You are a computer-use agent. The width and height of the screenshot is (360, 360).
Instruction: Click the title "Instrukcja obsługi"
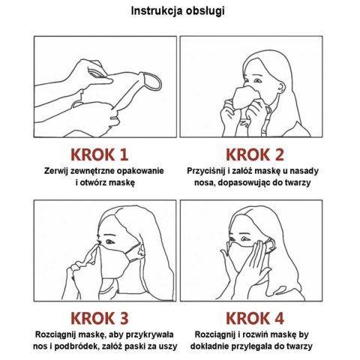click(x=178, y=11)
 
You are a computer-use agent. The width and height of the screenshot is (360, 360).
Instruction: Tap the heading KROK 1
click(x=100, y=154)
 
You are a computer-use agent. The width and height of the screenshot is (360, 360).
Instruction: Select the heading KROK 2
click(x=255, y=154)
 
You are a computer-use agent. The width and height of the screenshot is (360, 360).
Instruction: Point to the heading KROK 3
click(x=100, y=318)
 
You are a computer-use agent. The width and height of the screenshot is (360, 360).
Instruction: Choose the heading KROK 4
click(x=255, y=318)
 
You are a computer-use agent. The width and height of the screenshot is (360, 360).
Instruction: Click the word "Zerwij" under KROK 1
click(x=56, y=171)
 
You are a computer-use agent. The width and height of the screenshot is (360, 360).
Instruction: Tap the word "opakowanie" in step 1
click(x=140, y=172)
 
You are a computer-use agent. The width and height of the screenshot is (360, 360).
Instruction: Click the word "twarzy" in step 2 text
click(x=297, y=183)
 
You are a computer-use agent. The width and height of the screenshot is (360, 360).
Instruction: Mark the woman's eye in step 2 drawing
click(x=257, y=80)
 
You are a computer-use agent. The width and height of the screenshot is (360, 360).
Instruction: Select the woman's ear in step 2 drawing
click(x=282, y=88)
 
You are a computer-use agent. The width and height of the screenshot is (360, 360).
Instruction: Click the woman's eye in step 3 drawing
click(x=109, y=241)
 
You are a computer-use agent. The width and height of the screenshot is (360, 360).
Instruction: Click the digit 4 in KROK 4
click(x=278, y=318)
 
